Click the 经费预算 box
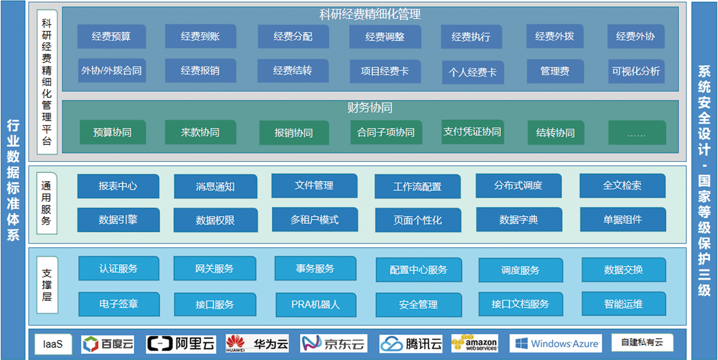(x=111, y=36)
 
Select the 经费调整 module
(x=385, y=37)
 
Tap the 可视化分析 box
(x=636, y=71)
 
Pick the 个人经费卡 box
(x=473, y=72)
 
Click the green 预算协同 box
(x=113, y=132)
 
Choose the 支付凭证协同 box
(x=473, y=132)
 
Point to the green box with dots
(x=637, y=132)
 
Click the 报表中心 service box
(x=118, y=186)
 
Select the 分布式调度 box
(x=518, y=185)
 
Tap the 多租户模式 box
(x=315, y=220)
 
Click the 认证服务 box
(x=119, y=268)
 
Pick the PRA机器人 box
(x=316, y=305)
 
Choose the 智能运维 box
(x=624, y=303)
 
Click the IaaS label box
(x=53, y=344)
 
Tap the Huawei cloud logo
(x=257, y=344)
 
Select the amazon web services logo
(x=475, y=344)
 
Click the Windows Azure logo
(x=556, y=344)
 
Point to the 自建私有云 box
(x=642, y=342)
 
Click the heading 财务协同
(x=370, y=108)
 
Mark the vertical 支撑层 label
(x=47, y=285)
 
